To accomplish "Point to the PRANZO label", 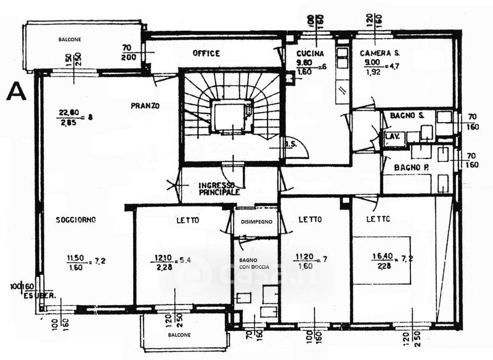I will pos(145,106).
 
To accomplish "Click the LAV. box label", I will pos(392,136).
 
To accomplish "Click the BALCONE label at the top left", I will pos(70,39).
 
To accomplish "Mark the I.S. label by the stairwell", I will pos(291,144).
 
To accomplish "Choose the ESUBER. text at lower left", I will pos(40,295).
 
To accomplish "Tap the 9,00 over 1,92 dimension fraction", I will pos(375,67).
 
